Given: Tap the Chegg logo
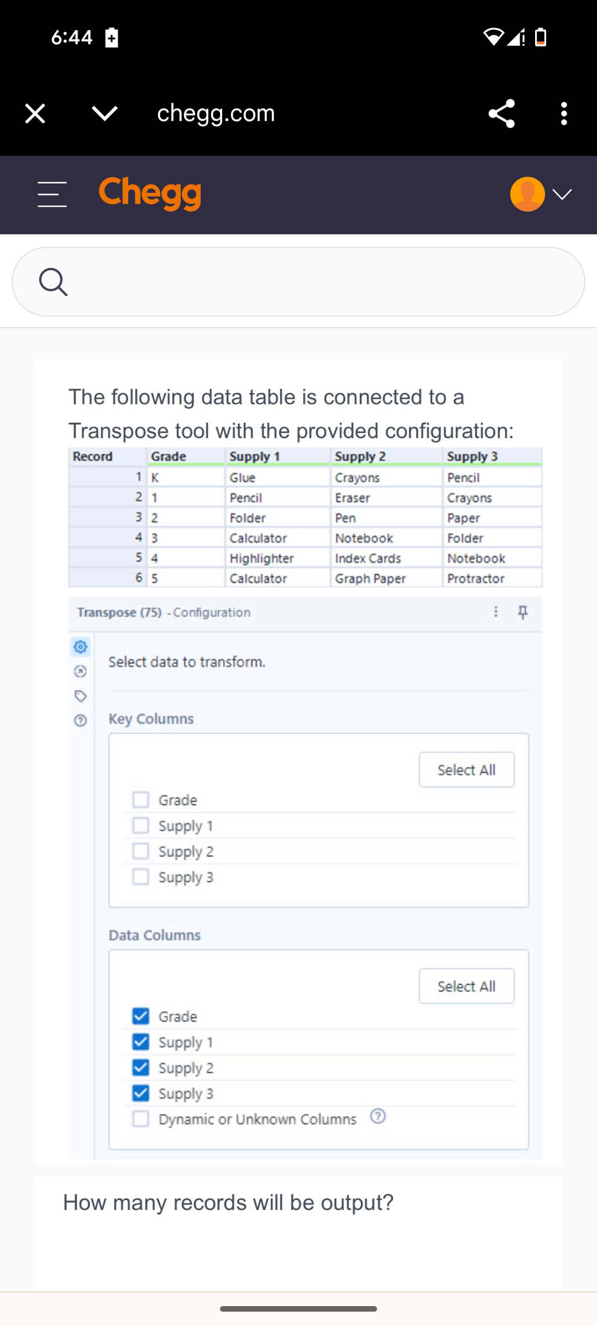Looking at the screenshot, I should point(150,194).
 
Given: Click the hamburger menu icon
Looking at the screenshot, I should point(52,194).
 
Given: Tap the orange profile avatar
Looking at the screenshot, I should point(527,194).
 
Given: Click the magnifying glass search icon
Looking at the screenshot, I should point(53,282).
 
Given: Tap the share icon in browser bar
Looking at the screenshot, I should point(501,114).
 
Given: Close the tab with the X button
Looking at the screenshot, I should point(35,114).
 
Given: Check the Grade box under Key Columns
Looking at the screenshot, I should point(141,799).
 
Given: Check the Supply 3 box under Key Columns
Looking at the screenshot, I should point(141,877).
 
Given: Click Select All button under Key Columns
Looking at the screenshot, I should point(466,770).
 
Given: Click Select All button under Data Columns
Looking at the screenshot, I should point(466,986).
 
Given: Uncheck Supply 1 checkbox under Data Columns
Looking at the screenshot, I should point(141,1042).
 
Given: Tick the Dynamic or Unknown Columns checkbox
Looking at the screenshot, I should point(141,1119).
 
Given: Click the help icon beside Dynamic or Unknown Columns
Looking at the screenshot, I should point(378,1116).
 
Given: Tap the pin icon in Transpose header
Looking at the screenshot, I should point(522,612).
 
